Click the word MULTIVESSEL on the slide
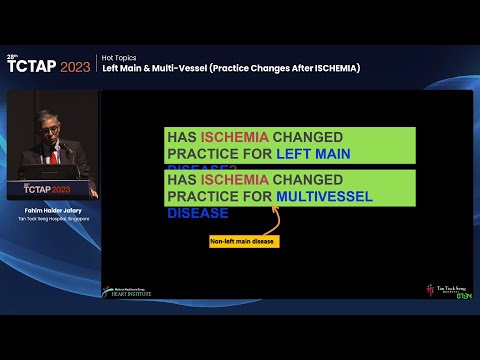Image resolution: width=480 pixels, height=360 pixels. [x=324, y=196]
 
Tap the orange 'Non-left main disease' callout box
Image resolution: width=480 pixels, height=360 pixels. [x=243, y=241]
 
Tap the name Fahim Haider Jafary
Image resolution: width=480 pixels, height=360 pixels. [x=52, y=210]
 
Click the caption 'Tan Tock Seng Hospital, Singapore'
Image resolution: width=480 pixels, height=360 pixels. [x=52, y=219]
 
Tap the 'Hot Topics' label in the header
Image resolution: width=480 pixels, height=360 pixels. [x=120, y=58]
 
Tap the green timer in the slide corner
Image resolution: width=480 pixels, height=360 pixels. [x=464, y=295]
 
